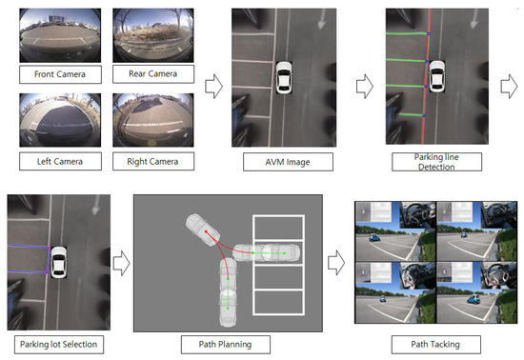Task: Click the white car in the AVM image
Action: (x=283, y=78)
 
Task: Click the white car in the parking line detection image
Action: (x=436, y=78)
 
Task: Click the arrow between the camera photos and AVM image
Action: (x=215, y=88)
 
